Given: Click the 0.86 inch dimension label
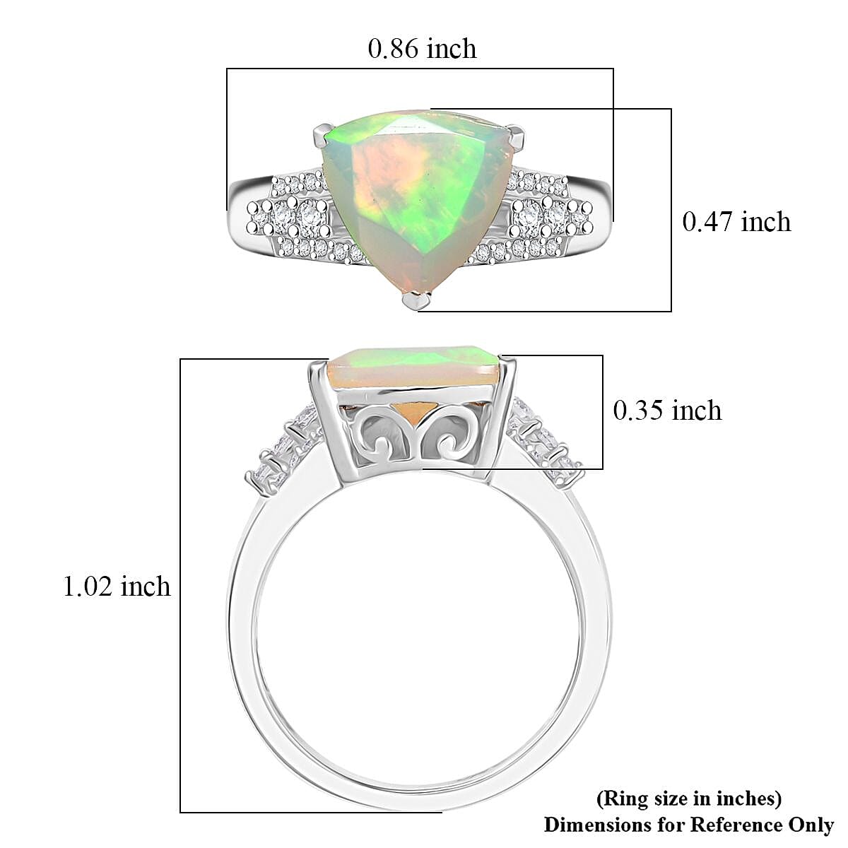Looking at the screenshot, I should [x=422, y=48].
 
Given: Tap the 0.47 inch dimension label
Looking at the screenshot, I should [x=736, y=222].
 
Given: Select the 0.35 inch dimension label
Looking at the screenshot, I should [x=666, y=411].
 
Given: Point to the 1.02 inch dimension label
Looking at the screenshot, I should [x=117, y=587].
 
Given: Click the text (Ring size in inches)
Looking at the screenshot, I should [x=689, y=799].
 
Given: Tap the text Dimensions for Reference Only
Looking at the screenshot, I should [x=688, y=824].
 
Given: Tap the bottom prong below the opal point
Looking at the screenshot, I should [x=416, y=301].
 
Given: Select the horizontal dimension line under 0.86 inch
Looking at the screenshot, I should [x=420, y=69].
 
